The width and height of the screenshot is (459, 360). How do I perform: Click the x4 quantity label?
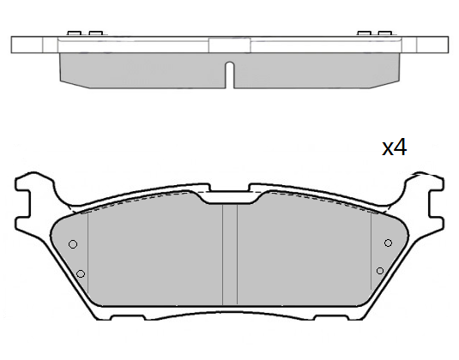click(394, 147)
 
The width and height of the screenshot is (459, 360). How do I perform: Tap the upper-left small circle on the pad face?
click(73, 244)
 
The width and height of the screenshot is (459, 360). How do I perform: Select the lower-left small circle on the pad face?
click(80, 273)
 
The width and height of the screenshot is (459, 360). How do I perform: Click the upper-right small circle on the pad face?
click(388, 243)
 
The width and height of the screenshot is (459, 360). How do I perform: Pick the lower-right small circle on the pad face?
click(380, 271)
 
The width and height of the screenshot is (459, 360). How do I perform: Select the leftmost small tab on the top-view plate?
click(73, 33)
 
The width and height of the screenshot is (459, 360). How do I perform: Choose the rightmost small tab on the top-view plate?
click(385, 33)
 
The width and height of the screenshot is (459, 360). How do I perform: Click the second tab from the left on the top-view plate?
click(94, 33)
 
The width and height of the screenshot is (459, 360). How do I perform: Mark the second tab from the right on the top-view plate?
click(364, 33)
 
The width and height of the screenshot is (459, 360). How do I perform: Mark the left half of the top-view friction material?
click(142, 69)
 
